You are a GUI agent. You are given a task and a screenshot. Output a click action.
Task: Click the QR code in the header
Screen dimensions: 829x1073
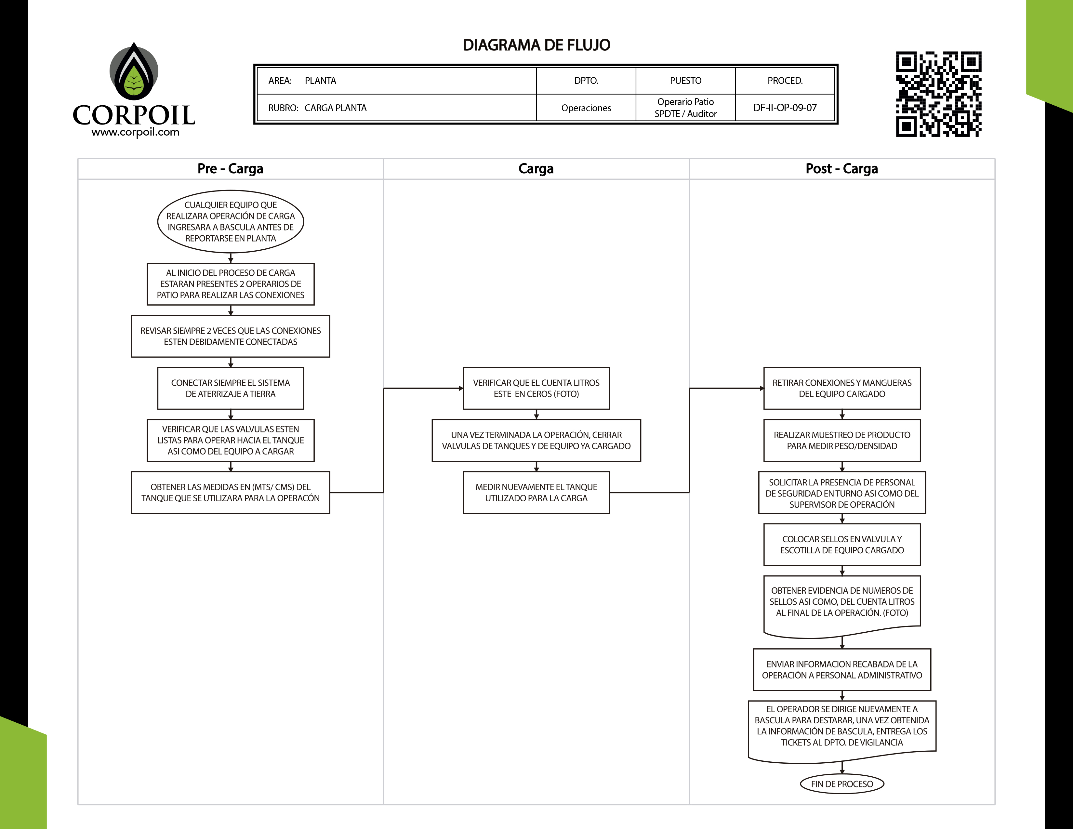(938, 94)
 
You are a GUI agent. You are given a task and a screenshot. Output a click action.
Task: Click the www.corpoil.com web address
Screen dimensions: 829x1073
(135, 132)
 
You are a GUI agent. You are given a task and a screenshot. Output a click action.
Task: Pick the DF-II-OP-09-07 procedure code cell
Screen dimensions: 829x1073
(785, 108)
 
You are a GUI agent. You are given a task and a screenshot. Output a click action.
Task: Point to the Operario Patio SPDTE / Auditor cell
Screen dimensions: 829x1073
(685, 108)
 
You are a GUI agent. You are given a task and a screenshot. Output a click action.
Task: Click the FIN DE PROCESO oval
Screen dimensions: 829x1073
(841, 784)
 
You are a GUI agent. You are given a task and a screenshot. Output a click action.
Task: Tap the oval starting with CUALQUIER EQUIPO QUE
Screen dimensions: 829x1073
(231, 221)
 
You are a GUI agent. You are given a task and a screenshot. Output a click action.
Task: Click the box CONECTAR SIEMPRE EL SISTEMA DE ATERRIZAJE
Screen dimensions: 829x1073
(231, 388)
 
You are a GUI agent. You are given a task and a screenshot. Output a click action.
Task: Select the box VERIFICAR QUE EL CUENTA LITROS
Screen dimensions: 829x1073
(536, 388)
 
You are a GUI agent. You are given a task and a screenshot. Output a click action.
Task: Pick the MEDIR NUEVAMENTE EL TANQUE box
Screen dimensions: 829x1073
(536, 492)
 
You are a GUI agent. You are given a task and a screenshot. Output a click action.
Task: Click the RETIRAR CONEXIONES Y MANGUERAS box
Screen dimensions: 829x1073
(841, 388)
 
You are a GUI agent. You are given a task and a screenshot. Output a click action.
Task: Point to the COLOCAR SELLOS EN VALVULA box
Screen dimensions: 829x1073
(841, 544)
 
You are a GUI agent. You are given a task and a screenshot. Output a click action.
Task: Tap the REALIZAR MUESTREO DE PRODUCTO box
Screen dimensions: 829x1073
(841, 440)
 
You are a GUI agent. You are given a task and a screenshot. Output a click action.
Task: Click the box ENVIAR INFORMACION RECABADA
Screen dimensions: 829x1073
(841, 669)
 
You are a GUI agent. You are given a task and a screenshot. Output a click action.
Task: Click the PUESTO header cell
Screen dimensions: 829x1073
(685, 81)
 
